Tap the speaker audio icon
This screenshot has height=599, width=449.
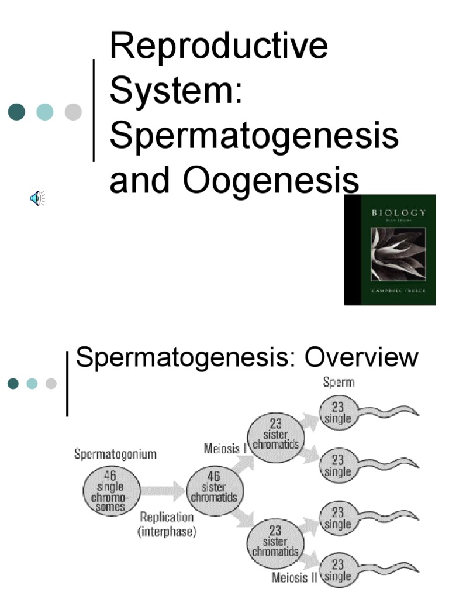coord(37,199)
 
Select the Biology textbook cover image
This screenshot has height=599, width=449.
coord(389,250)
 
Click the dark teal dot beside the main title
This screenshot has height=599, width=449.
coord(17,112)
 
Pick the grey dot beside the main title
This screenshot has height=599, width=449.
coord(73,112)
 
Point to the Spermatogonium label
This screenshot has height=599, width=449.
coord(115,455)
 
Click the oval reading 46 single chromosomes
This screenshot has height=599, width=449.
coord(111,491)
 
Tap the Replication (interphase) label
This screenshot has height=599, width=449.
coord(167,525)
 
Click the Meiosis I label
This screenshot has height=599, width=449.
coord(224,449)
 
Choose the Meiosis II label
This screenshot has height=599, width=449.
coord(294,579)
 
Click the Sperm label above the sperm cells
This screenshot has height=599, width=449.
coord(339,383)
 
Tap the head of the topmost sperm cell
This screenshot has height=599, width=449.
coord(337,413)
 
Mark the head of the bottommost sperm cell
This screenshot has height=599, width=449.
coord(337,569)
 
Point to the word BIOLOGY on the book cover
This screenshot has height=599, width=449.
coord(399,212)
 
